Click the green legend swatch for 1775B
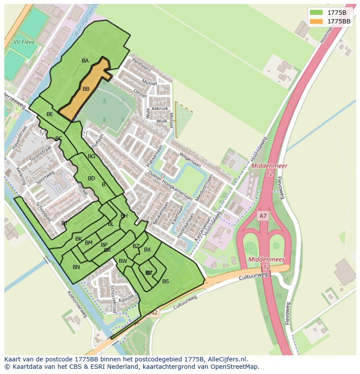(x=317, y=12)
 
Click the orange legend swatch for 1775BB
(x=317, y=21)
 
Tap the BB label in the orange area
(x=86, y=89)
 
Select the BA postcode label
(x=85, y=61)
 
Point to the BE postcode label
(x=50, y=114)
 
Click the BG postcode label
(x=91, y=156)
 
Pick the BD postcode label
(x=91, y=179)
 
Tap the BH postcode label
(x=124, y=216)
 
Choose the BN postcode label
(x=76, y=267)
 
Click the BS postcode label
(x=165, y=281)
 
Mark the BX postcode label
(x=147, y=250)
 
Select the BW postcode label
(x=123, y=261)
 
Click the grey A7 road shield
(x=263, y=216)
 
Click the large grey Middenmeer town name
(x=63, y=132)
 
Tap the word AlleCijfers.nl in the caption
(x=226, y=359)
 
